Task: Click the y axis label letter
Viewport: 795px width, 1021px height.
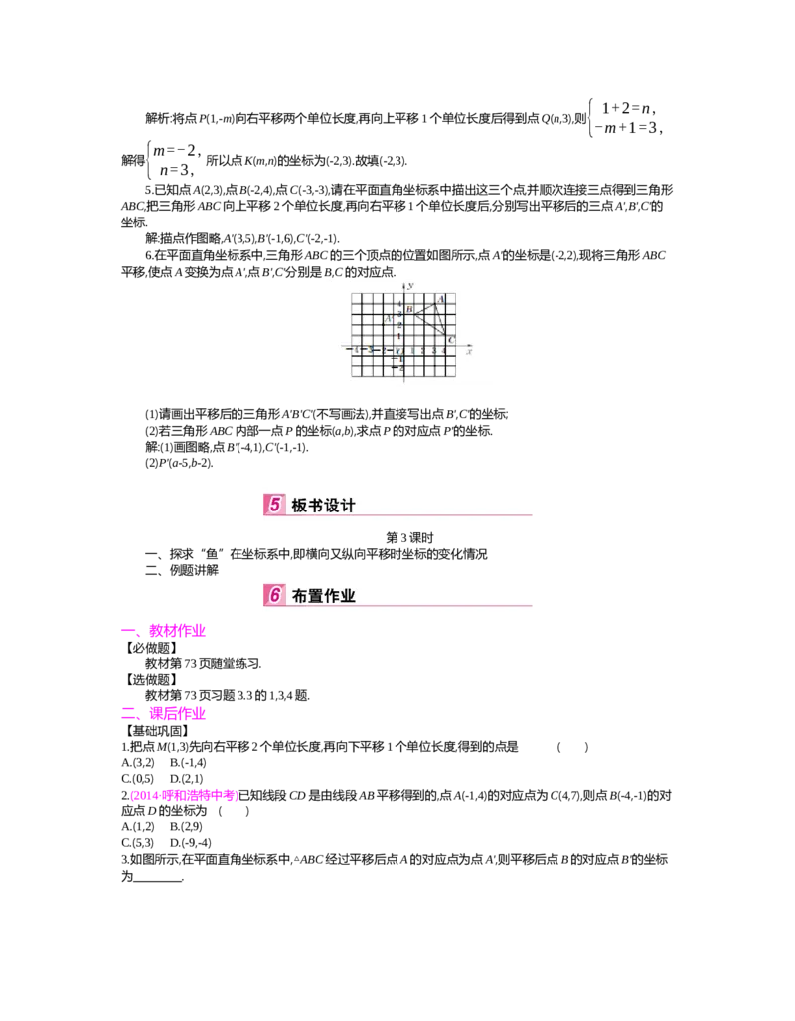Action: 409,285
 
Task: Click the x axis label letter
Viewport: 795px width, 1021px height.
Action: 468,351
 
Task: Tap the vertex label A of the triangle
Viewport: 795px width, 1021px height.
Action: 440,299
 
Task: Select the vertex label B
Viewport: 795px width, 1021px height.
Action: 408,311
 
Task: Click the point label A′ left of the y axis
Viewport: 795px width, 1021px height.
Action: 389,318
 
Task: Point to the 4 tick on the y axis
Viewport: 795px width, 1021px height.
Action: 399,302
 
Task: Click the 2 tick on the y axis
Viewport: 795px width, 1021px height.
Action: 399,325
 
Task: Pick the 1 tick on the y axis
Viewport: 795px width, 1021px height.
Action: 399,337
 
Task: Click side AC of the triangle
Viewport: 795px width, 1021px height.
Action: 442,317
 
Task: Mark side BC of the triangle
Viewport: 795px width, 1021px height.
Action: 429,324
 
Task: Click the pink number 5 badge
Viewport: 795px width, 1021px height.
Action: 274,505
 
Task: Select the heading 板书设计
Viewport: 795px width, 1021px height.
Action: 323,506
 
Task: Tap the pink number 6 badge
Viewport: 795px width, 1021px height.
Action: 274,595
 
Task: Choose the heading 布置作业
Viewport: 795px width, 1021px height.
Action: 323,596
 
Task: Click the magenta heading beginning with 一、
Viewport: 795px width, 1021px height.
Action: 163,631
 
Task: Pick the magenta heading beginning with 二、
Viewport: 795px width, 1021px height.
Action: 163,713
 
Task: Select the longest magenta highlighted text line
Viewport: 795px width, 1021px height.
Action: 184,796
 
